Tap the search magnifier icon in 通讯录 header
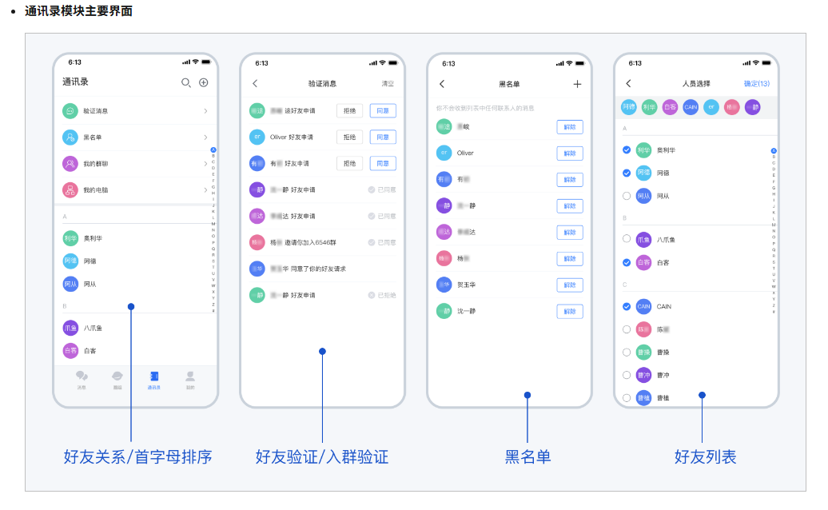coord(186,82)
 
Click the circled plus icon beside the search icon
coord(203,82)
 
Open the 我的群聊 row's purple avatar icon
coord(70,164)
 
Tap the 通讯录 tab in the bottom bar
coord(153,379)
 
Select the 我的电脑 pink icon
coord(70,190)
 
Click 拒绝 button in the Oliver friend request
coord(349,137)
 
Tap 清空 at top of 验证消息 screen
coord(387,84)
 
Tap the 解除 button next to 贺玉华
coord(569,285)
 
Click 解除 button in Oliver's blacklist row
coord(569,153)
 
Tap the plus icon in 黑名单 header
coord(577,84)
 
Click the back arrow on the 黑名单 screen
coord(442,84)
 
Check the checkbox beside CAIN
coord(627,306)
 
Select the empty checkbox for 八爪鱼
coord(627,238)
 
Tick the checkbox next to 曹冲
coord(627,375)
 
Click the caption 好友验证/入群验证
coord(322,457)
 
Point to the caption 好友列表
coord(705,457)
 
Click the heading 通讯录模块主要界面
coord(78,11)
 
